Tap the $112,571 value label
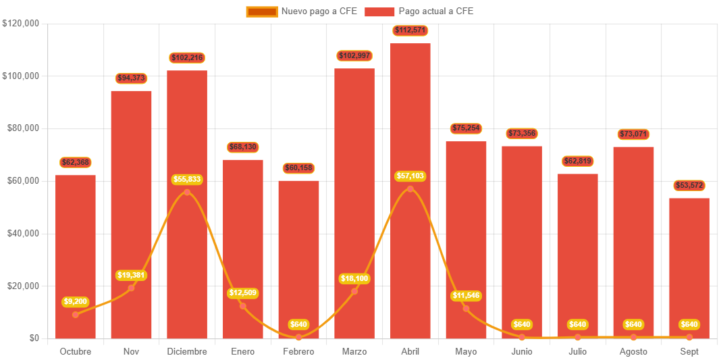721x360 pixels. [x=410, y=30]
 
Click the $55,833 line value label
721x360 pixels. [x=187, y=180]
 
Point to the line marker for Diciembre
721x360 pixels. [x=187, y=192]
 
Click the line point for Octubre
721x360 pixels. [x=75, y=315]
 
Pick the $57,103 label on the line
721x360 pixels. [x=410, y=176]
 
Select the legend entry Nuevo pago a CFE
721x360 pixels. [x=302, y=11]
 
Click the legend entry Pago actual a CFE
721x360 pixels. [x=419, y=11]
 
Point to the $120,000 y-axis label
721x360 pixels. [x=21, y=23]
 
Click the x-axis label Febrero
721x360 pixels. [x=298, y=352]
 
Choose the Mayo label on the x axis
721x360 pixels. [x=466, y=352]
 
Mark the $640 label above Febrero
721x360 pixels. [x=298, y=325]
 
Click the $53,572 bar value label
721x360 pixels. [x=689, y=186]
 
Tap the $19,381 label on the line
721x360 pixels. [x=131, y=276]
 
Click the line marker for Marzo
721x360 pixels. [x=354, y=291]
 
